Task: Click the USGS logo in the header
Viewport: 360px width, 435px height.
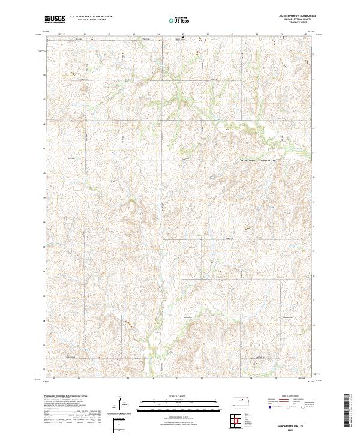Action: (x=55, y=19)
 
